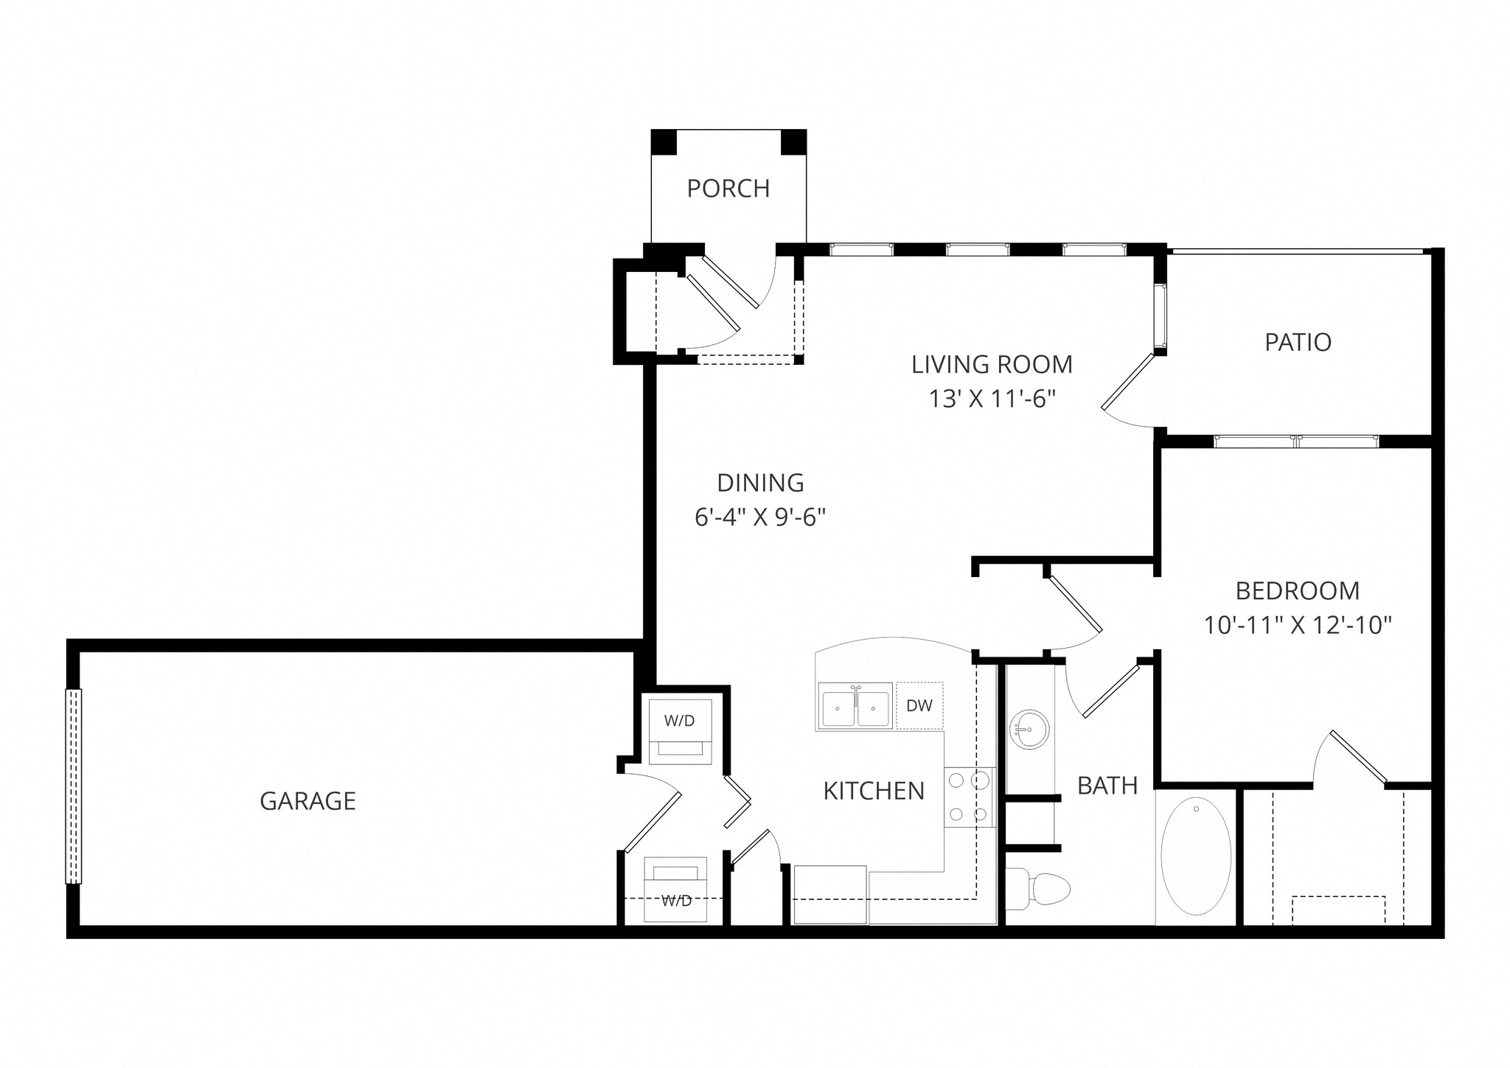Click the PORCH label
728,189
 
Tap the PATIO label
1298,342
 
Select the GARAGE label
307,800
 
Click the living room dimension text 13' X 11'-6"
992,399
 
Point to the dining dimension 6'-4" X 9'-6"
759,517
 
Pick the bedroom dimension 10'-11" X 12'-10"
1298,626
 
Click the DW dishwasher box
919,705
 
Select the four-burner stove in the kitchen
969,797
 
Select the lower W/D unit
675,890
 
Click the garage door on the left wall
74,786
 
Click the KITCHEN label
874,791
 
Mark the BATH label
1107,786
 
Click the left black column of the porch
664,142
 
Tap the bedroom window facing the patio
1295,441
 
